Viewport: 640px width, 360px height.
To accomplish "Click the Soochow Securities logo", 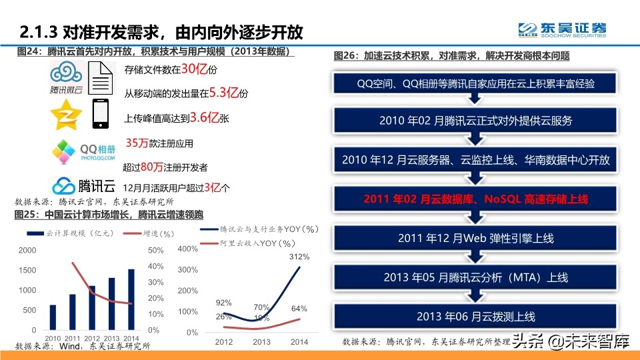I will (563, 30).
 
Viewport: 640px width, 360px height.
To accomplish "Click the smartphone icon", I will (101, 113).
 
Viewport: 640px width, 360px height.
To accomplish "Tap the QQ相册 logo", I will (74, 152).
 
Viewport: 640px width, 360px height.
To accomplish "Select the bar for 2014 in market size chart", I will (131, 299).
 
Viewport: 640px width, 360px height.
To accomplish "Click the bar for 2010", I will (53, 317).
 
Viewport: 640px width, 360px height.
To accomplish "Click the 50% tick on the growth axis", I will (155, 251).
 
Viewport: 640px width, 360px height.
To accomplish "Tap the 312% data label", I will (298, 257).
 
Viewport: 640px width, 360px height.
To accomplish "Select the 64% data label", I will (299, 309).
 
